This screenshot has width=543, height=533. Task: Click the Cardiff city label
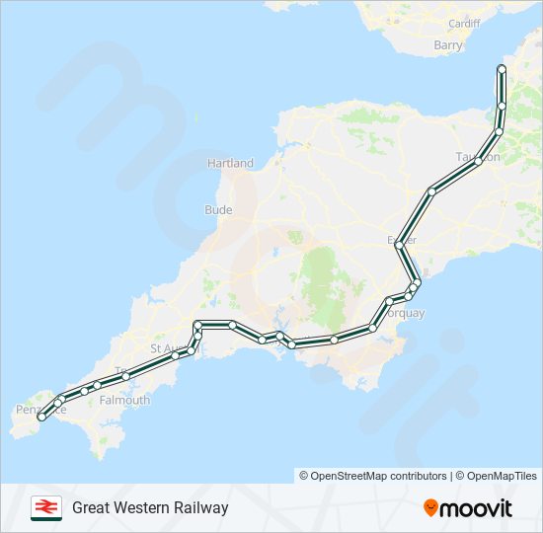463,23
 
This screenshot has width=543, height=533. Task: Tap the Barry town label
447,44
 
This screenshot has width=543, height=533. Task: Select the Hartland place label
230,163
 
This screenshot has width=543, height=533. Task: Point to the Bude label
218,209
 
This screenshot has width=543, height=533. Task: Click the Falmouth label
124,400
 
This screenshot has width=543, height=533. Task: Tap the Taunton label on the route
479,157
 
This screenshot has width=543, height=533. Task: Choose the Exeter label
403,240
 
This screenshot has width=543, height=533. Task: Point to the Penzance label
41,409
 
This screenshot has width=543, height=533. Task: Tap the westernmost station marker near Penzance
40,418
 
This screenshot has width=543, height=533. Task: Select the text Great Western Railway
150,507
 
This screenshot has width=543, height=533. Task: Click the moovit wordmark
477,508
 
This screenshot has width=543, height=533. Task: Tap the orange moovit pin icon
430,507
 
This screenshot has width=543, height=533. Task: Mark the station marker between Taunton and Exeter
431,190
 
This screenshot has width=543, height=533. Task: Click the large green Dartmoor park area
319,276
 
